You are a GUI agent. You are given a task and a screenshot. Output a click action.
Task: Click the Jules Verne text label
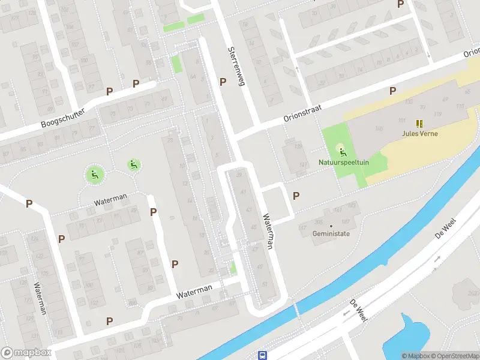click(419, 133)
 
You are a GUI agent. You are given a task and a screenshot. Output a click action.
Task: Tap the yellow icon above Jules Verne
click(419, 123)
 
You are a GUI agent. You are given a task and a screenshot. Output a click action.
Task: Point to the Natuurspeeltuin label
click(343, 162)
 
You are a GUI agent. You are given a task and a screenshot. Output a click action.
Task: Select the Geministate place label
click(331, 234)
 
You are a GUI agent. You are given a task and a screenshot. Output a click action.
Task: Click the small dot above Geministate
click(331, 226)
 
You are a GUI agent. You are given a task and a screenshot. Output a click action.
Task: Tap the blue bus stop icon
click(262, 355)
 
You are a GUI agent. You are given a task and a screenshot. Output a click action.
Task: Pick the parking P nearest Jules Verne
click(392, 91)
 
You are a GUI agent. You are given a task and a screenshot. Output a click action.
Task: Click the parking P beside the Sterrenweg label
click(223, 82)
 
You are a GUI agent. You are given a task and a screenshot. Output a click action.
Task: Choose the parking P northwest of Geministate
click(296, 196)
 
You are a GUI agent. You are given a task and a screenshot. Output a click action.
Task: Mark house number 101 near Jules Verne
click(402, 120)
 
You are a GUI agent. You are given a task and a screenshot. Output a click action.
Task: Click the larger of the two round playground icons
click(94, 175)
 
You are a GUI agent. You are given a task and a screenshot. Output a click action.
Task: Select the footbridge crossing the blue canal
click(295, 310)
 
